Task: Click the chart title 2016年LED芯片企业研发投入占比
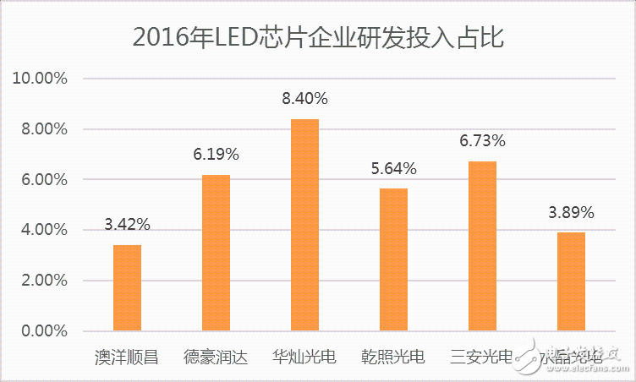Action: pos(318,37)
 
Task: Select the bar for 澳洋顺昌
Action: pos(127,288)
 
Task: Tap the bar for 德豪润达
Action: pos(216,253)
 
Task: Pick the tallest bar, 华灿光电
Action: pos(304,225)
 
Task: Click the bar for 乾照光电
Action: pos(393,259)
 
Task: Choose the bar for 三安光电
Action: pos(482,246)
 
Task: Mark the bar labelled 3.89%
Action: pos(571,281)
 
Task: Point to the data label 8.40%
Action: pos(304,99)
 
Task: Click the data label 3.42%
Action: pos(127,225)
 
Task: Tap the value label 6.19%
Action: pos(216,155)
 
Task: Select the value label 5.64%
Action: pos(393,168)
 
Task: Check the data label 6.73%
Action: pos(482,140)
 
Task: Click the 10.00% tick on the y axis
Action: pos(39,79)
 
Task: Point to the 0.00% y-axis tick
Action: pos(42,330)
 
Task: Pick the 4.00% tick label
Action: pos(42,230)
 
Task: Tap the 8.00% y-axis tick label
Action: pos(42,129)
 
